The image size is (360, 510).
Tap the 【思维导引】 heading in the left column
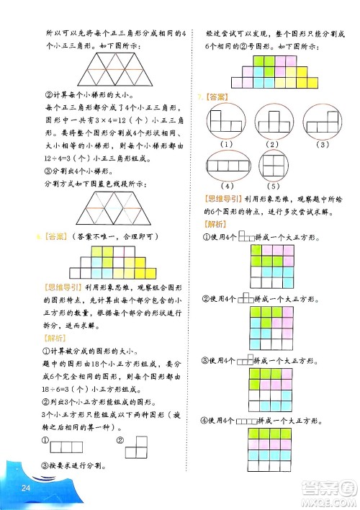[63, 286]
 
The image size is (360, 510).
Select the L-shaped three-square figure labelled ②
[135, 447]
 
